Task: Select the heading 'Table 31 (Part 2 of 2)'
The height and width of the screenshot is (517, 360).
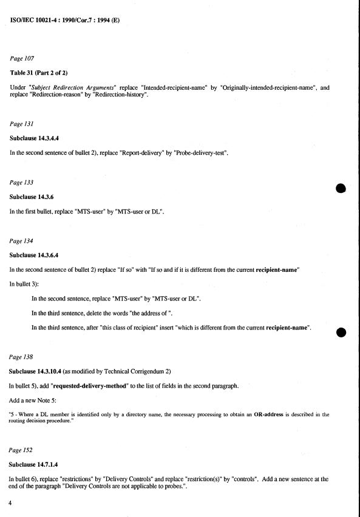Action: click(x=42, y=73)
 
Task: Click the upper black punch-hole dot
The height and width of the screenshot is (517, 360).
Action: click(x=340, y=189)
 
